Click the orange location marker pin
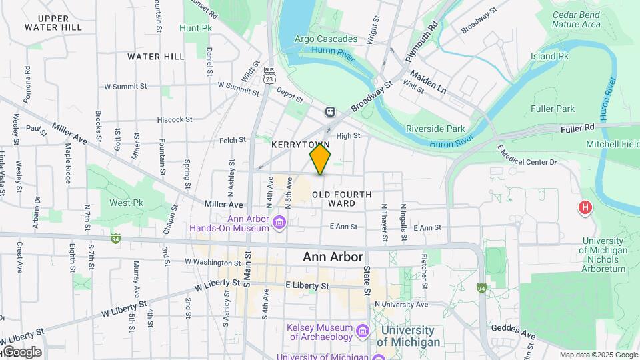tap(321, 159)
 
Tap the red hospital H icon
tap(585, 208)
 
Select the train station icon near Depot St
tap(329, 112)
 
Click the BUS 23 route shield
tap(269, 74)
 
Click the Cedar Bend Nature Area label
tap(576, 19)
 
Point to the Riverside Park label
tap(436, 129)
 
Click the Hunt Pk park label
tap(195, 28)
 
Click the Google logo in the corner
tap(21, 352)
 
